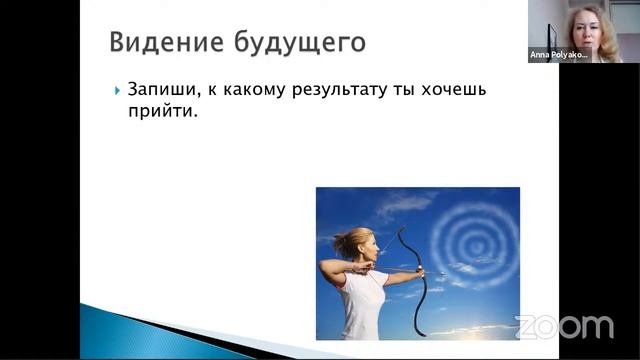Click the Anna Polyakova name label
(558, 56)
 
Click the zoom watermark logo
(565, 326)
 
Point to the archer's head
(361, 244)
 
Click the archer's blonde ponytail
(340, 245)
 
